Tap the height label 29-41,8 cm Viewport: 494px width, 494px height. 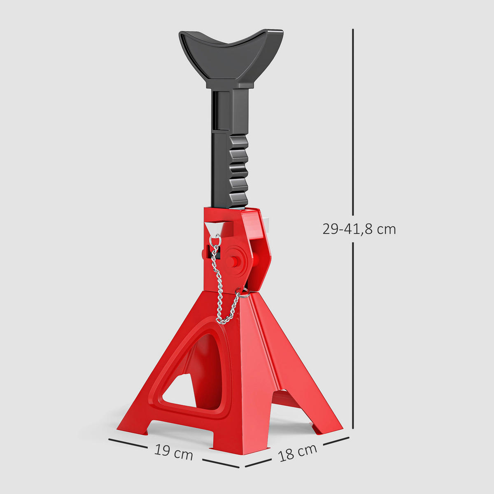pos(359,229)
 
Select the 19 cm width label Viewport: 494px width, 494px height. pos(174,453)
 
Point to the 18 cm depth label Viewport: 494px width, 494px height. pos(297,452)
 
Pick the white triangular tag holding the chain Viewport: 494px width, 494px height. pos(214,227)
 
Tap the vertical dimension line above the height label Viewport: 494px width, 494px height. pos(353,123)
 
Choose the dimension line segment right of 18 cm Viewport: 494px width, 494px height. pos(336,441)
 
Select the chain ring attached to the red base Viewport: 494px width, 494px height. pos(243,293)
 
